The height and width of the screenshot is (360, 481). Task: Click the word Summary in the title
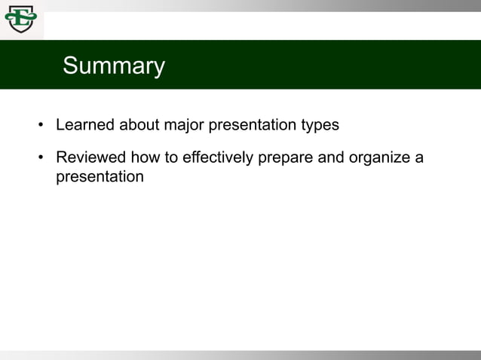click(114, 66)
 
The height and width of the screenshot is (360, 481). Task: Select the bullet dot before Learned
click(41, 125)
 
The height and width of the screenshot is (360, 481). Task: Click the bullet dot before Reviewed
click(41, 158)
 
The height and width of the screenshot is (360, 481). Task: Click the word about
click(139, 125)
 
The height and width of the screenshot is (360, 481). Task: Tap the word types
click(320, 125)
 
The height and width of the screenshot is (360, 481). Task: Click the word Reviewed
click(91, 158)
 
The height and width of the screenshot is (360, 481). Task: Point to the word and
click(329, 158)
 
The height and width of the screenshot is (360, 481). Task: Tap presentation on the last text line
click(100, 178)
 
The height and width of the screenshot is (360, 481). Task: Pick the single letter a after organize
click(419, 158)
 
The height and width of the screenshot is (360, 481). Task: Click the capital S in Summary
click(70, 66)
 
